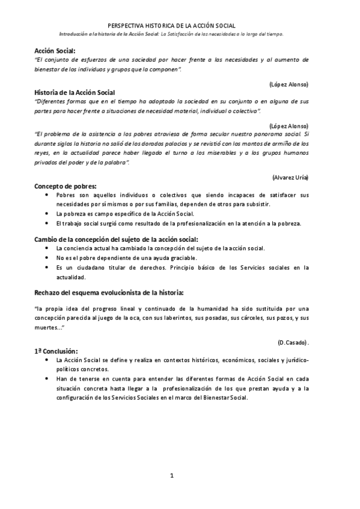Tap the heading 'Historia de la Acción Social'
click(75, 92)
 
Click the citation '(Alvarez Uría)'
click(290, 178)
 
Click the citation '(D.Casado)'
click(293, 342)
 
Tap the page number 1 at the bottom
click(171, 476)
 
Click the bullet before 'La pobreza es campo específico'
click(48, 213)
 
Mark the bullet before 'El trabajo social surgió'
click(48, 223)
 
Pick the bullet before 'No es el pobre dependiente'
click(48, 258)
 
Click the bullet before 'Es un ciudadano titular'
click(48, 268)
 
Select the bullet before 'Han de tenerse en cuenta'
click(48, 379)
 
